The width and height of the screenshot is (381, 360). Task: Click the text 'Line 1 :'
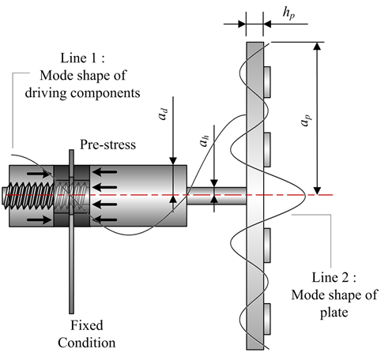click(81, 61)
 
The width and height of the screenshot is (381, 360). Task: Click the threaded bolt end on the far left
click(20, 194)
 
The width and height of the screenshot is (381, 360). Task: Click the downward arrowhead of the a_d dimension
click(173, 160)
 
